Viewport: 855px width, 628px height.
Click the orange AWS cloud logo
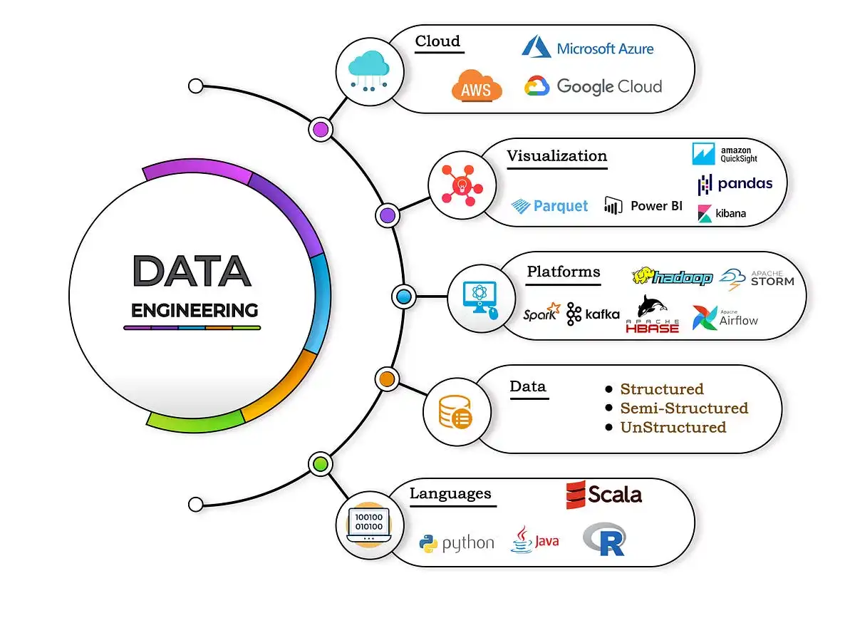477,86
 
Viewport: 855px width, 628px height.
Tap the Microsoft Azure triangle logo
537,46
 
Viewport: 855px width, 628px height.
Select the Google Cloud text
609,86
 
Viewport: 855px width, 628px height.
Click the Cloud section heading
437,41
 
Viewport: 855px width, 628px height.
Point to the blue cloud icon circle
370,72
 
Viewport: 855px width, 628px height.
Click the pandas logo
735,184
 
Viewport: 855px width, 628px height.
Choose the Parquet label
560,206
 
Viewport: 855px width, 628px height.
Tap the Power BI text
656,206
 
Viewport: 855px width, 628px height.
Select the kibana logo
722,213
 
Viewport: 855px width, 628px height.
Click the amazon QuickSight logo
725,154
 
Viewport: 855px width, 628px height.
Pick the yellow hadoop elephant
643,275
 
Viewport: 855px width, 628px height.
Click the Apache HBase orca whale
652,306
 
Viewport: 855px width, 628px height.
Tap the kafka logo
593,314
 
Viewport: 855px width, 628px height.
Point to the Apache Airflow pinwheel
705,318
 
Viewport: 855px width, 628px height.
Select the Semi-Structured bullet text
684,408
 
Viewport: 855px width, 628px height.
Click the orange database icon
455,412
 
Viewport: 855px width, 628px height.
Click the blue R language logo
604,539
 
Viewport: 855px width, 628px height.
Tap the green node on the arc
321,464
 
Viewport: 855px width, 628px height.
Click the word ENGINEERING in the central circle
195,310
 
